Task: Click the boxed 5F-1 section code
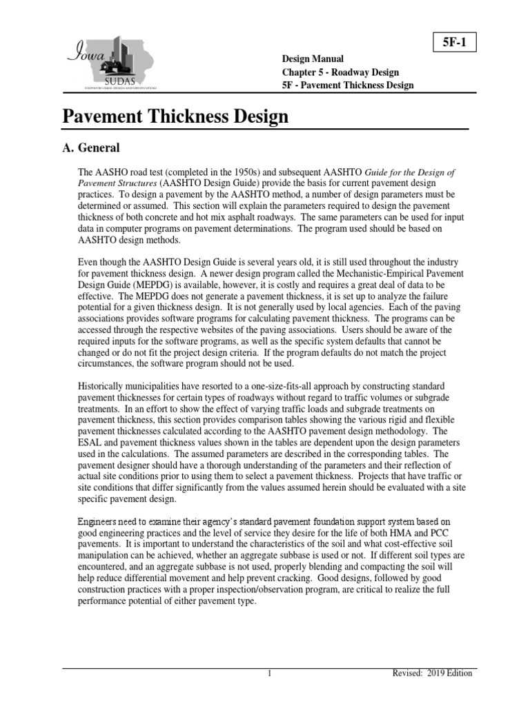click(454, 43)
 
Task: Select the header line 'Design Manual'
click(313, 59)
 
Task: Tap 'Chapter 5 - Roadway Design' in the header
click(340, 72)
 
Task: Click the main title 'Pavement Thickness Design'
click(175, 116)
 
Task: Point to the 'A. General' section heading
click(91, 148)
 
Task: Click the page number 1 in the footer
click(270, 674)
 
